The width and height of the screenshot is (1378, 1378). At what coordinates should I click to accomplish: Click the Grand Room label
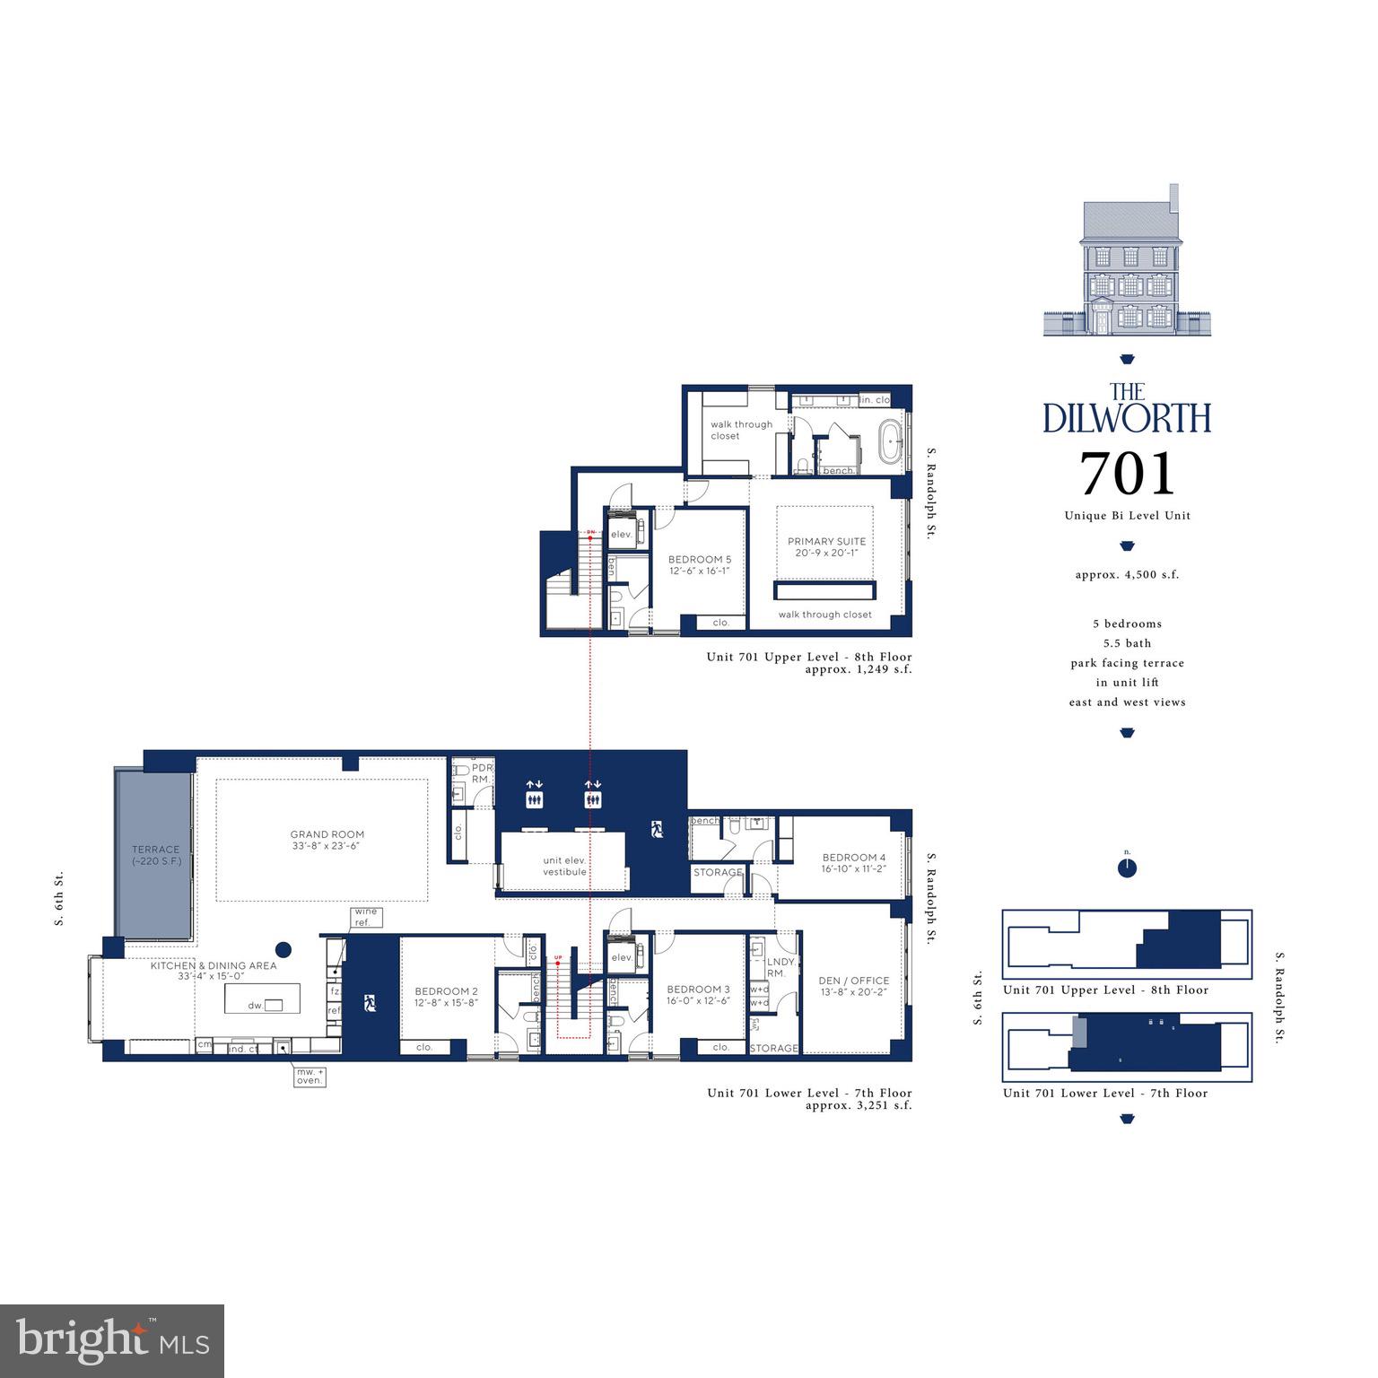coord(327,840)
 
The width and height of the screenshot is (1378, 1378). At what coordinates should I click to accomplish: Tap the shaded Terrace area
coord(154,854)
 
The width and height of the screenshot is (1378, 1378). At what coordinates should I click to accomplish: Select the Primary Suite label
coord(826,546)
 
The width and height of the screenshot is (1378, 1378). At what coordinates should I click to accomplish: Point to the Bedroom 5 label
coord(699,564)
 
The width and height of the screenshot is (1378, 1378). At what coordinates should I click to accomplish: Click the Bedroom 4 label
coord(853,862)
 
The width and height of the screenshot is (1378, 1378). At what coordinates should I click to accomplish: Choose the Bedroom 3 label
coord(697,994)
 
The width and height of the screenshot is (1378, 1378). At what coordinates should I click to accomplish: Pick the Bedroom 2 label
coord(446,997)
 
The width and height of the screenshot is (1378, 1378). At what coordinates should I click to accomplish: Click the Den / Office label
coord(853,985)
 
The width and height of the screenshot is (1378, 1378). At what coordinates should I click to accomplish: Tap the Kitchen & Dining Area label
coord(214,971)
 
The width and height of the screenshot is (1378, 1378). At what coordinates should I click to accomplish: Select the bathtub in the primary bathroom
coord(893,443)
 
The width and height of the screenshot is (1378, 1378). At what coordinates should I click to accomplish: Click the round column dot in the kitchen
coord(283,949)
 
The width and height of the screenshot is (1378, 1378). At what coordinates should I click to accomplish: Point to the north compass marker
coord(1127,867)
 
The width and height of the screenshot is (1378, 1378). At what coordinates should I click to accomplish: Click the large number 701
coord(1127,473)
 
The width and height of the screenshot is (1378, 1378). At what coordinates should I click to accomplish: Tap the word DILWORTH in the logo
coord(1127,418)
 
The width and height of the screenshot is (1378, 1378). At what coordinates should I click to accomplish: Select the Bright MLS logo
coord(112,1341)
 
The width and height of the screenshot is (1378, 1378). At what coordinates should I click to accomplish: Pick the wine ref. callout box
coord(366,917)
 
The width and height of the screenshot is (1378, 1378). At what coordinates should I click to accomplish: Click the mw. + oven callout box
coord(310,1076)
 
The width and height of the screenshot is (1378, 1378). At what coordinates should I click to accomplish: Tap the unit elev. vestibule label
coord(564,866)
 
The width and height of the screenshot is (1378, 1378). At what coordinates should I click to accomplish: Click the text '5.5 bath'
coord(1127,643)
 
